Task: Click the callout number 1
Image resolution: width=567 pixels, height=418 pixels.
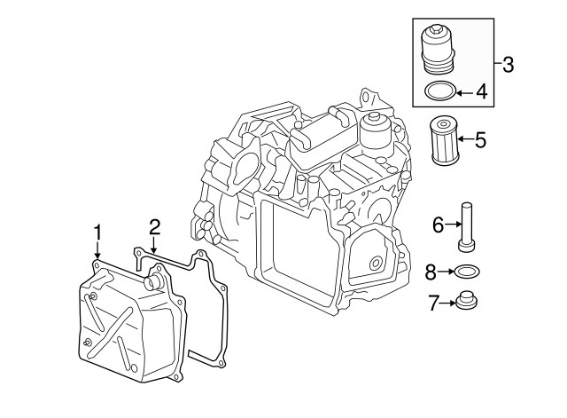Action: pyautogui.click(x=97, y=233)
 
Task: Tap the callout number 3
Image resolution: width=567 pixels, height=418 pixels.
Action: pyautogui.click(x=508, y=64)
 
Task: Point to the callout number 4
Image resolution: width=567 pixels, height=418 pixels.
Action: pyautogui.click(x=482, y=90)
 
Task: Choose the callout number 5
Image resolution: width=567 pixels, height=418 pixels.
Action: pyautogui.click(x=481, y=139)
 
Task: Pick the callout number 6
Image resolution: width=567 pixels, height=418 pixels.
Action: pyautogui.click(x=438, y=225)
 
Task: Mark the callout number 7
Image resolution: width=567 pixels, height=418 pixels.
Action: pyautogui.click(x=433, y=304)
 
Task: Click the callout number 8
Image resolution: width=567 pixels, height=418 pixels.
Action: pyautogui.click(x=431, y=272)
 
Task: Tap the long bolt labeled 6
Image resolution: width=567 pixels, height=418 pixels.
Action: pyautogui.click(x=466, y=227)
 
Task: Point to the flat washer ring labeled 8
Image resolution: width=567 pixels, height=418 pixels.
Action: pyautogui.click(x=466, y=272)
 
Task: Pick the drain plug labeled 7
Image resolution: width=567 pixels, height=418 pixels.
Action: pyautogui.click(x=466, y=304)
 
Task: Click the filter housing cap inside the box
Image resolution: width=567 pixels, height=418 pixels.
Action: pyautogui.click(x=439, y=50)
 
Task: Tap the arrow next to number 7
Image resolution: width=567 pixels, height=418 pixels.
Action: pyautogui.click(x=447, y=304)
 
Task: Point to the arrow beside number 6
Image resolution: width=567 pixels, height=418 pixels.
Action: pyautogui.click(x=451, y=225)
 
